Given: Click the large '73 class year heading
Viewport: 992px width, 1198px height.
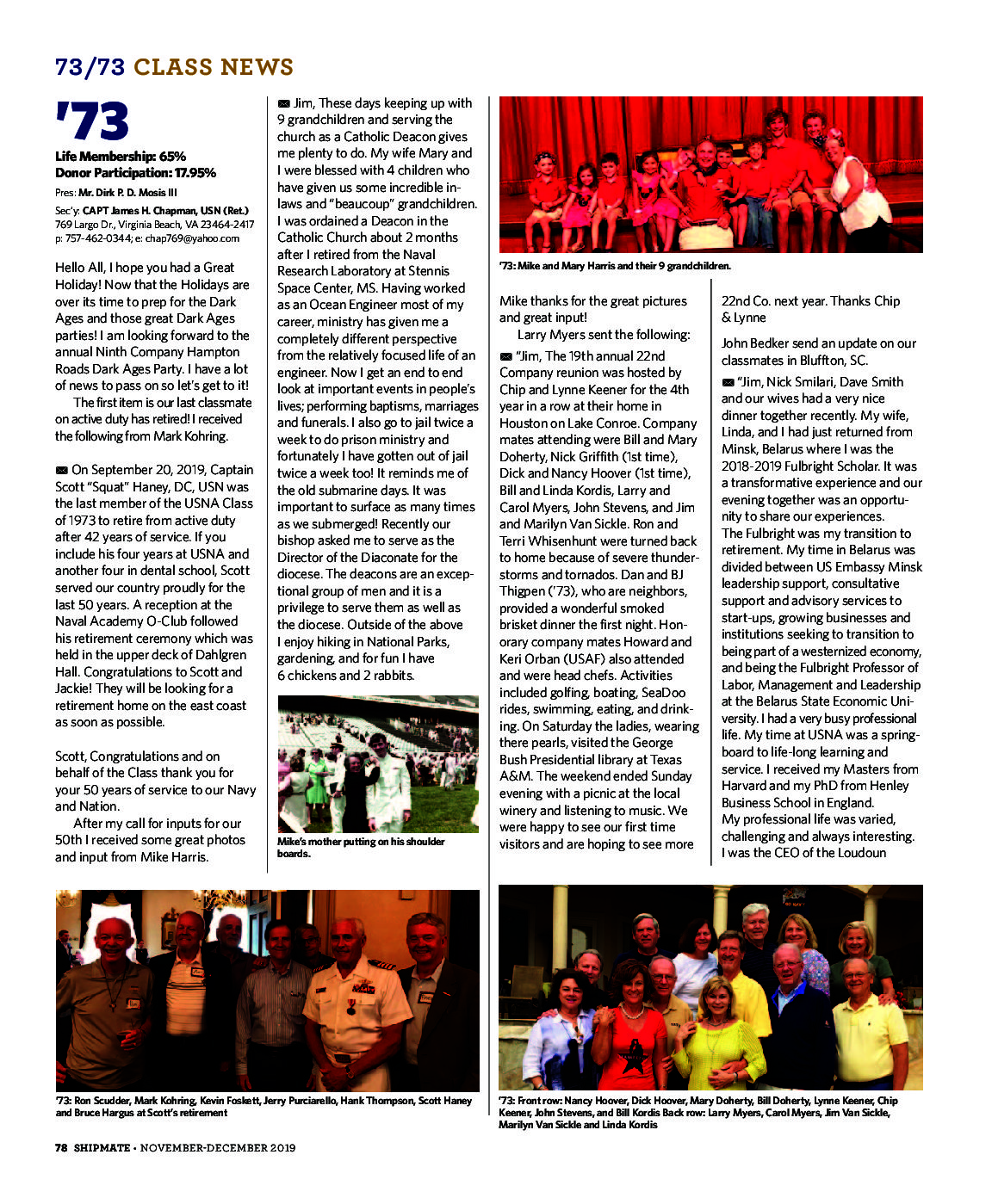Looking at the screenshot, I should (x=92, y=121).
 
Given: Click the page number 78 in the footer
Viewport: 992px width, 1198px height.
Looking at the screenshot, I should (x=61, y=1147).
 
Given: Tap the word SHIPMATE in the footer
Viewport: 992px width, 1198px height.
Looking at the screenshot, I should (x=102, y=1147).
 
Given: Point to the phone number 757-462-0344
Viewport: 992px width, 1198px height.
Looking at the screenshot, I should (x=95, y=238).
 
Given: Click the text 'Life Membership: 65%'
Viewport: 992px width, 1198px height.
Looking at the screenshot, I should (x=121, y=157).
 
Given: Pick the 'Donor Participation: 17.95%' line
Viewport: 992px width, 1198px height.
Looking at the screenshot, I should (x=135, y=173).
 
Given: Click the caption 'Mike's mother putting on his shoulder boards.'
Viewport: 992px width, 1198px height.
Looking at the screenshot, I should (x=361, y=847).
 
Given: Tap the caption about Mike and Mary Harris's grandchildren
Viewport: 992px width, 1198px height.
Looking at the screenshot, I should (x=615, y=266).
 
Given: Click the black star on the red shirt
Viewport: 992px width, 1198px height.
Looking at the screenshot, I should (x=635, y=1060).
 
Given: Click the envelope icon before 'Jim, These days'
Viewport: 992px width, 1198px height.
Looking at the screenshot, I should (x=283, y=103).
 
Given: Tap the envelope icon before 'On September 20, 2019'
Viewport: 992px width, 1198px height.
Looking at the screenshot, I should (x=61, y=470).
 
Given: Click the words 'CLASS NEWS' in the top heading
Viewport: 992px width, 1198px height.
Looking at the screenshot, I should (x=214, y=67).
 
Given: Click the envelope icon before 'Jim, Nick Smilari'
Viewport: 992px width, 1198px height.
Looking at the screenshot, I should (x=728, y=382).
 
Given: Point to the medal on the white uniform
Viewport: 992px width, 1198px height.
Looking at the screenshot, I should (x=350, y=1005).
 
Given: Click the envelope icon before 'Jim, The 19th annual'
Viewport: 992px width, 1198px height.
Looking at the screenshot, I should (x=505, y=356).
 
